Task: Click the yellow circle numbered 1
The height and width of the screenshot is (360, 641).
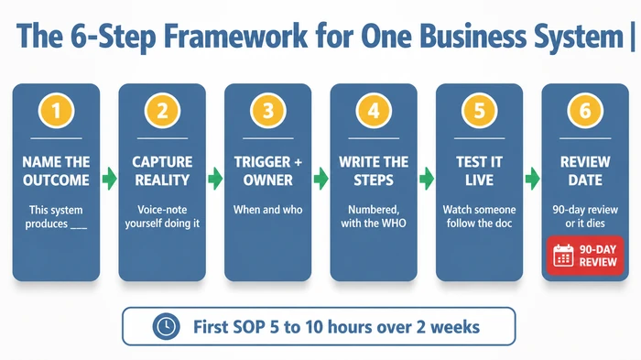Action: coord(57,113)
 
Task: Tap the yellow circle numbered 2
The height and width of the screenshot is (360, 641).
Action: coord(162,113)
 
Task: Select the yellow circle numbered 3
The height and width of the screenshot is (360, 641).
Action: coord(268,113)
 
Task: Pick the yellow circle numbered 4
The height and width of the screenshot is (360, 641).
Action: coord(374,113)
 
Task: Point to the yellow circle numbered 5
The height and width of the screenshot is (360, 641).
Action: coord(479,113)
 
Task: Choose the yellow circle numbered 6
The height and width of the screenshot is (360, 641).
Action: coord(585,113)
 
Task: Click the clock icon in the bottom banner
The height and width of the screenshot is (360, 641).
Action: coord(165,326)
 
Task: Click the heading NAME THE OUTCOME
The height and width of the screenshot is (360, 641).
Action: coord(57,170)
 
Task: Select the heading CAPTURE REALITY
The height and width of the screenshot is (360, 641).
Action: coord(162,170)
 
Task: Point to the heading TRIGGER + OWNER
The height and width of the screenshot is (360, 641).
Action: coord(268,170)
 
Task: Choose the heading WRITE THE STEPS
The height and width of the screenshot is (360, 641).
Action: coord(374,170)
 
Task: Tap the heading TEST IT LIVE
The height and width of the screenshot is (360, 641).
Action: coord(479,170)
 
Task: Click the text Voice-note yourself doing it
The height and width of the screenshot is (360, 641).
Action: coord(162,217)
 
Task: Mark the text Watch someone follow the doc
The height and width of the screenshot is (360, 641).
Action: coord(479,217)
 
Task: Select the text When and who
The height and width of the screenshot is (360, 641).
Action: coord(268,210)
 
